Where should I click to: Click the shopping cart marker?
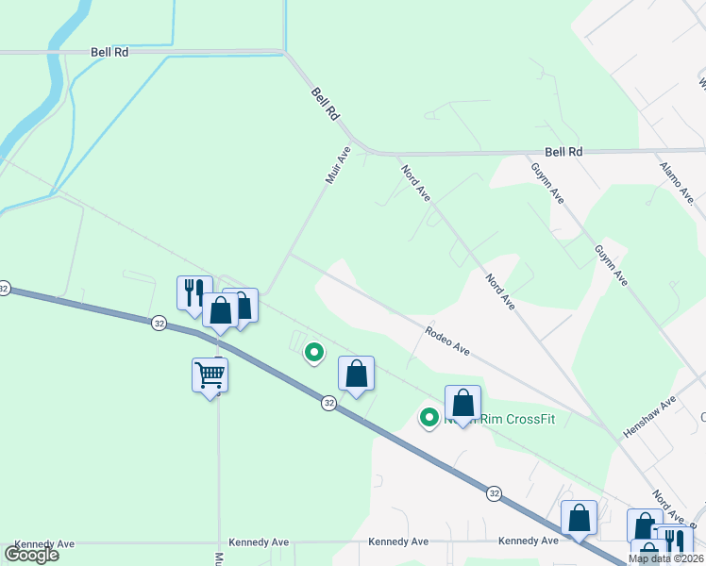click(210, 375)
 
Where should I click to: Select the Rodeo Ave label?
click(447, 341)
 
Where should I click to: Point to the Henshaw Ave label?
click(650, 417)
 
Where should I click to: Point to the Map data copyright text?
click(666, 558)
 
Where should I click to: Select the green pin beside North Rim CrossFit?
click(429, 416)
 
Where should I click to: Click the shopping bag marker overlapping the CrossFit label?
click(462, 403)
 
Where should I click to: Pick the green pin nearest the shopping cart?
click(313, 353)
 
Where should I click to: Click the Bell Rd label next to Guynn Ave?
click(563, 151)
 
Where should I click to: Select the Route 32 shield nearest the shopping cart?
click(159, 323)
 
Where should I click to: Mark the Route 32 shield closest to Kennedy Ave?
click(494, 492)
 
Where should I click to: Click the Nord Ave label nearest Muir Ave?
click(416, 183)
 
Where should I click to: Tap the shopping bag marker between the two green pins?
click(356, 375)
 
